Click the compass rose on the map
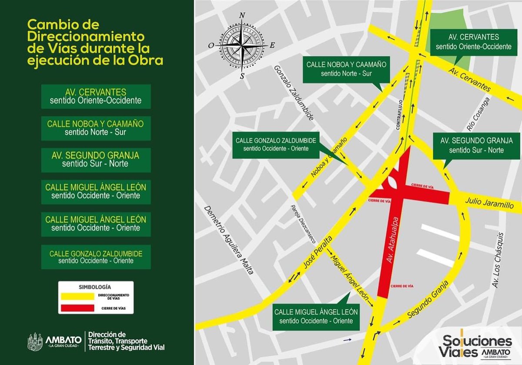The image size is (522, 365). pyautogui.click(x=242, y=45)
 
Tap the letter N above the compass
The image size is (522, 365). pyautogui.click(x=242, y=15)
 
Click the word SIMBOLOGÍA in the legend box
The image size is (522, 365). pyautogui.click(x=95, y=287)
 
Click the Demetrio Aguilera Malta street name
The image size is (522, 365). pyautogui.click(x=229, y=239)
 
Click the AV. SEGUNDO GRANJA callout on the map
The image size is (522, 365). pyautogui.click(x=476, y=145)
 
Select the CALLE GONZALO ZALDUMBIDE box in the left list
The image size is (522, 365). pyautogui.click(x=96, y=257)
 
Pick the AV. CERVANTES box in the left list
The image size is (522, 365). pyautogui.click(x=96, y=96)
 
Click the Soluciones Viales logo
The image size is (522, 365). pyautogui.click(x=476, y=345)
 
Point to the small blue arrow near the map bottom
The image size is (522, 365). pyautogui.click(x=347, y=340)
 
